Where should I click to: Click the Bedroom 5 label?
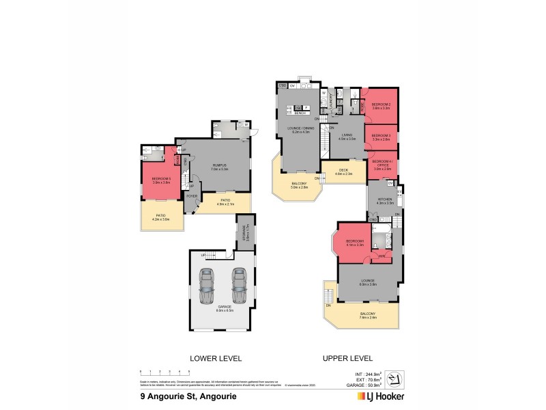pos(161,180)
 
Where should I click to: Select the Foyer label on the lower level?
pos(192,195)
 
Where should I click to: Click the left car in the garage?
pos(207,288)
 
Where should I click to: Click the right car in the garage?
pos(238,288)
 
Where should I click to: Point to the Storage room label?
pos(244,234)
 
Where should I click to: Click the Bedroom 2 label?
pos(381,107)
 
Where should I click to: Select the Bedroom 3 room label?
pos(381,137)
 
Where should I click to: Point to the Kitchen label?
pos(382,201)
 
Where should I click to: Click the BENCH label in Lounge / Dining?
pos(298,113)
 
